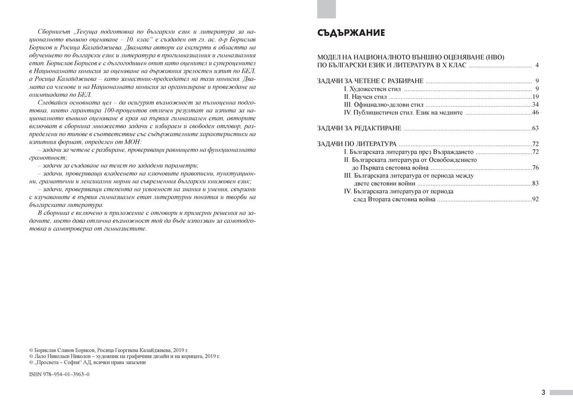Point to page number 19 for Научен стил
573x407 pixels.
point(535,96)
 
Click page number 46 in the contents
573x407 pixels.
point(535,112)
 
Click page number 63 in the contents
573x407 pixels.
point(535,128)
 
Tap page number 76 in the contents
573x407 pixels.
point(535,168)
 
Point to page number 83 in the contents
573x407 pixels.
point(535,183)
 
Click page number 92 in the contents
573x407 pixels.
point(535,199)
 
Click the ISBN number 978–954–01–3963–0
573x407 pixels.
point(59,374)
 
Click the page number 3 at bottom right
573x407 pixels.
point(543,393)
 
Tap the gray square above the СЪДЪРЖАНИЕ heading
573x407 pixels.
point(327,9)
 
